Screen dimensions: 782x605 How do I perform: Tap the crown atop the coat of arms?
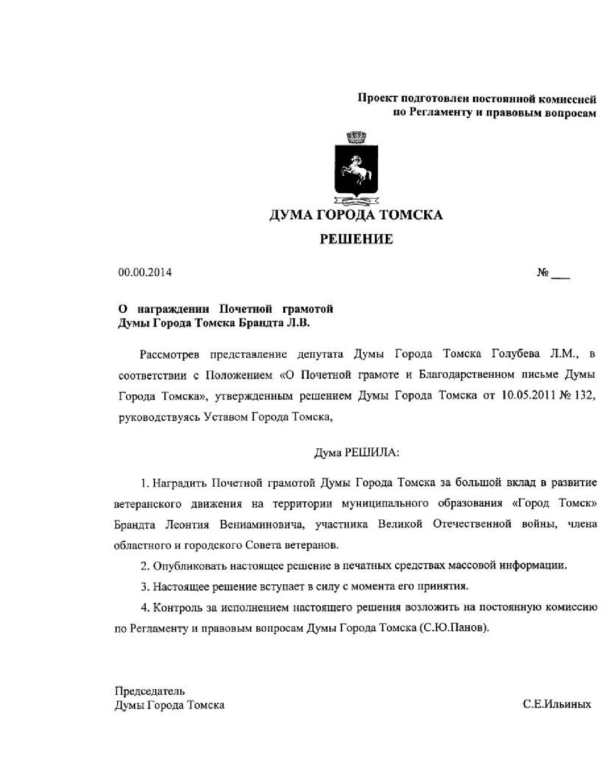[356, 138]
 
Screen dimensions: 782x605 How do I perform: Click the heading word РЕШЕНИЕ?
[356, 239]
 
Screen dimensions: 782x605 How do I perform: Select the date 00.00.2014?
[145, 273]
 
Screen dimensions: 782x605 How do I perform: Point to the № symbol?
[543, 273]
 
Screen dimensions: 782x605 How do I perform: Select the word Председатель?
[149, 691]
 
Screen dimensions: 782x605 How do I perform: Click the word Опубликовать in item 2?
[189, 566]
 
